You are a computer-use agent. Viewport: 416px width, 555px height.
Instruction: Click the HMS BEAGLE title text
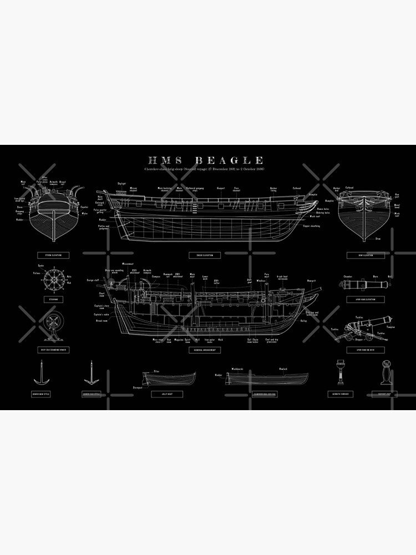(202, 161)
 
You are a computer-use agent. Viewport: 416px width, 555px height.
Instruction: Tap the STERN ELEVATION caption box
(53, 255)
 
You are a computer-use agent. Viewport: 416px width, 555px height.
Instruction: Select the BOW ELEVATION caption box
(365, 255)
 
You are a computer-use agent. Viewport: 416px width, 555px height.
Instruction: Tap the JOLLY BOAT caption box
(163, 394)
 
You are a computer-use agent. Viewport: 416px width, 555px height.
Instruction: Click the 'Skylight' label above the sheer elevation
(123, 184)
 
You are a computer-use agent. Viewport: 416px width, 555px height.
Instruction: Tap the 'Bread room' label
(101, 321)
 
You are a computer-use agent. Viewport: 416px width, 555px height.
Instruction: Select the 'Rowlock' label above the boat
(283, 368)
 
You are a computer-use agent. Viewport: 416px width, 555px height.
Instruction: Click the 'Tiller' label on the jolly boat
(156, 372)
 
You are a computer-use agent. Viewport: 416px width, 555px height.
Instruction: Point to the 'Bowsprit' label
(311, 281)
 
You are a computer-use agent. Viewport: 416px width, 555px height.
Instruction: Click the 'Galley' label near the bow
(304, 321)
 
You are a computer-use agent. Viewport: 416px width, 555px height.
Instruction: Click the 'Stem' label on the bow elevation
(377, 239)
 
